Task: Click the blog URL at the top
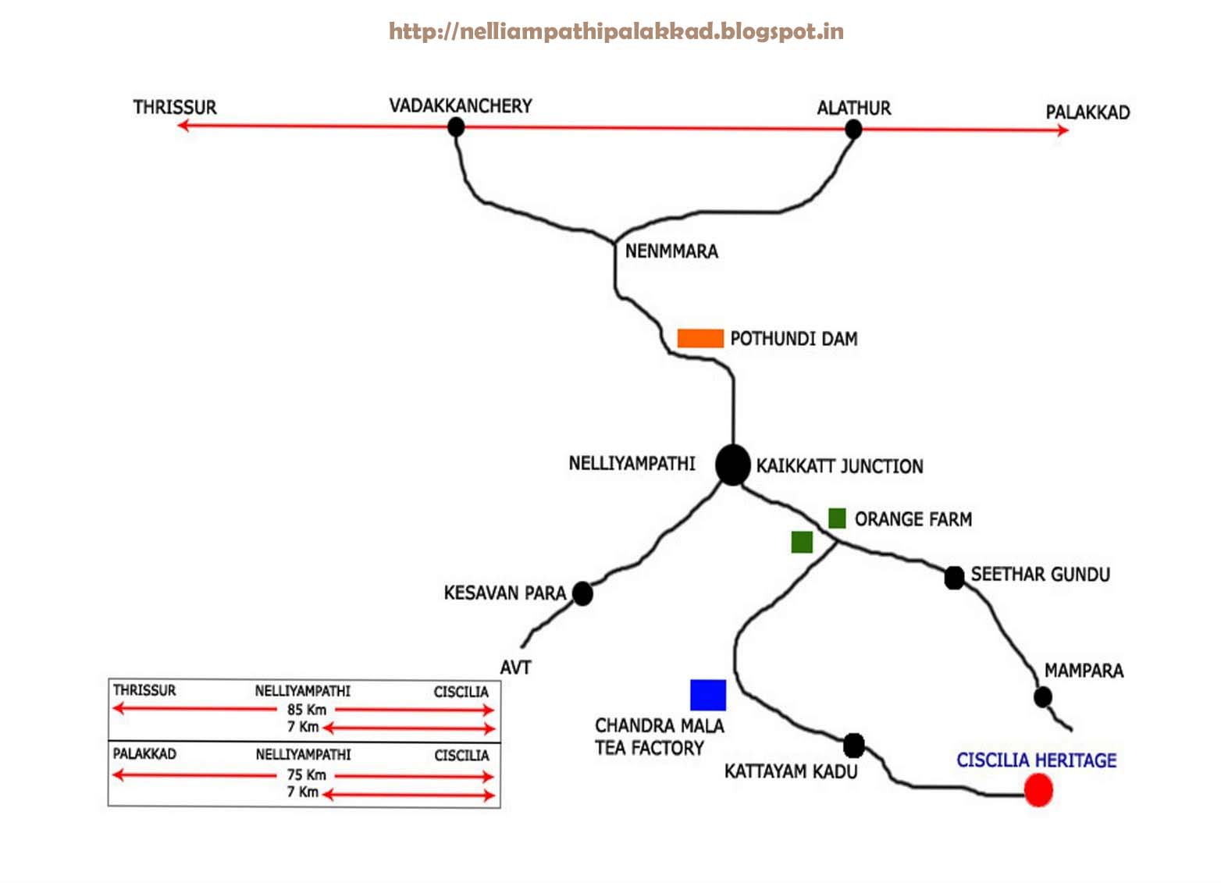pyautogui.click(x=616, y=31)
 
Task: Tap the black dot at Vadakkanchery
pyautogui.click(x=457, y=126)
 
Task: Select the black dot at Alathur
pyautogui.click(x=853, y=129)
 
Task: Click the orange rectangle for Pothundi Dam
pyautogui.click(x=700, y=338)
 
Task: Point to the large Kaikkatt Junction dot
pyautogui.click(x=732, y=465)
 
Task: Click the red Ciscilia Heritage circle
pyautogui.click(x=1038, y=789)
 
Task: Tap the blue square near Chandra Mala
pyautogui.click(x=708, y=695)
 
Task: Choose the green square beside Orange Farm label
pyautogui.click(x=837, y=518)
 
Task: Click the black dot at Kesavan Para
pyautogui.click(x=582, y=593)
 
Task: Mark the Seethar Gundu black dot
pyautogui.click(x=954, y=578)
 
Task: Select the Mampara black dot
pyautogui.click(x=1042, y=696)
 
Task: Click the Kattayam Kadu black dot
pyautogui.click(x=854, y=745)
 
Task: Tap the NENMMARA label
pyautogui.click(x=671, y=251)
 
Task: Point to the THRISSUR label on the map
pyautogui.click(x=175, y=107)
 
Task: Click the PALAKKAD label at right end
pyautogui.click(x=1088, y=112)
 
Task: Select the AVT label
pyautogui.click(x=515, y=668)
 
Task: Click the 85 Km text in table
pyautogui.click(x=307, y=710)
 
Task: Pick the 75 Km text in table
pyautogui.click(x=306, y=774)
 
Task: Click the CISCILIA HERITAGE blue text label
pyautogui.click(x=1036, y=760)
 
